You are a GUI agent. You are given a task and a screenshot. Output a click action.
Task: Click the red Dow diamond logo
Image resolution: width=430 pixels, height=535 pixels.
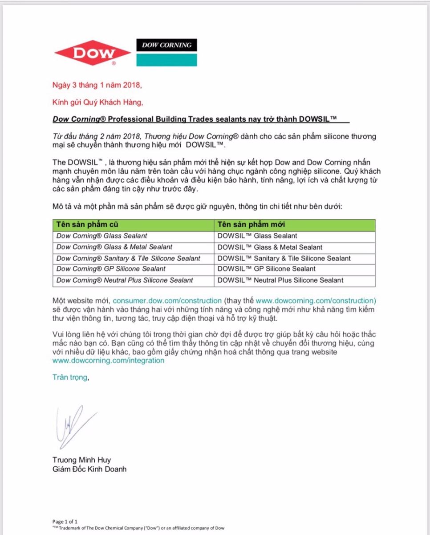[92, 53]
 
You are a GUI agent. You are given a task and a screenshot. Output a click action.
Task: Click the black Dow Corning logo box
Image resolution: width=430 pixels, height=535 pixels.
[166, 45]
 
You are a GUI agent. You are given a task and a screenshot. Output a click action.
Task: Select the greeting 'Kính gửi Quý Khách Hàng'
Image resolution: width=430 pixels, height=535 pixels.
[97, 103]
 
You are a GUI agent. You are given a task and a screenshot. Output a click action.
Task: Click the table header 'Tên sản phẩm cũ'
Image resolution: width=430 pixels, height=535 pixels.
[87, 225]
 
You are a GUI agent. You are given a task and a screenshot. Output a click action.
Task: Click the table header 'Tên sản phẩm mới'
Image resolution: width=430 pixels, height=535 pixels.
[251, 225]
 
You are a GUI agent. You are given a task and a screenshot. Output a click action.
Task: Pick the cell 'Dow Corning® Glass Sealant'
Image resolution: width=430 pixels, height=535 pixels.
[101, 236]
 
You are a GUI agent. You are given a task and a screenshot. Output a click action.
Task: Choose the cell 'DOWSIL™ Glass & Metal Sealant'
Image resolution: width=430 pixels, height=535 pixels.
[270, 247]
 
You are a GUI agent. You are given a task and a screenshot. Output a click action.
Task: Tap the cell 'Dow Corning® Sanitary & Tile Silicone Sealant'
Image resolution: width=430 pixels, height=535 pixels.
[128, 258]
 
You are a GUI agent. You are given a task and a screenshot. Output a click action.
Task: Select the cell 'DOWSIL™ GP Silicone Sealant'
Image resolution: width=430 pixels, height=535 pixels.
[266, 269]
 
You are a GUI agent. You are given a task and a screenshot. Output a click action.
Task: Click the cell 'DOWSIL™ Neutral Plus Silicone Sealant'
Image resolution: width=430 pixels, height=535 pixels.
[280, 280]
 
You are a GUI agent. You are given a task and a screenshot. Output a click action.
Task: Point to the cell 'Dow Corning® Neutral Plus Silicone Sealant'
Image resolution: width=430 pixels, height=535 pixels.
[125, 280]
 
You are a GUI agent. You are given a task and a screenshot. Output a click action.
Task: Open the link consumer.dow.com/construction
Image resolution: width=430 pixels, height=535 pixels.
[167, 301]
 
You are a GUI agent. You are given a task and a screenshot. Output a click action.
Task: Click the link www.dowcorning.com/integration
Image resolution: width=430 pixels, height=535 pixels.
[108, 361]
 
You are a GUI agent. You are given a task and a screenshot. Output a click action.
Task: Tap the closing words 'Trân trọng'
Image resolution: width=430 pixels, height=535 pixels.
[70, 377]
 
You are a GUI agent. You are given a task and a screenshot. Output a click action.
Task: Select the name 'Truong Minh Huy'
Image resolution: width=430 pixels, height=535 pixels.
[81, 460]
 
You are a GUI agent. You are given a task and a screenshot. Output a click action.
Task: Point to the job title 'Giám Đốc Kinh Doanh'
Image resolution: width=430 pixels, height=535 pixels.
[89, 469]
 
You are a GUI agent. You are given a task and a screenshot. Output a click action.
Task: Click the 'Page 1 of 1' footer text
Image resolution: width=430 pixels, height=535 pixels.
[65, 522]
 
